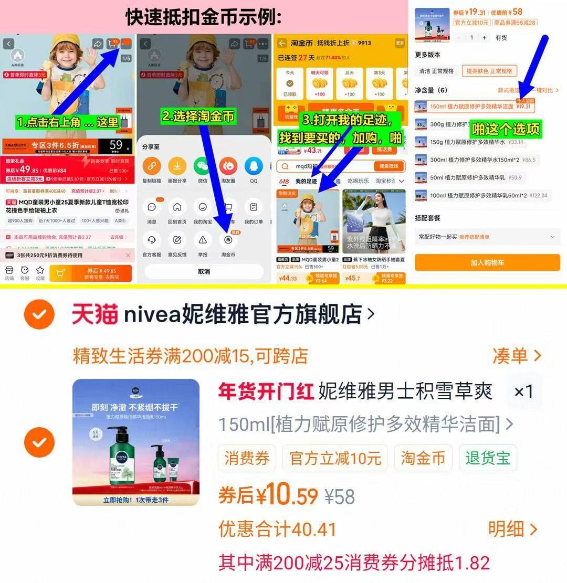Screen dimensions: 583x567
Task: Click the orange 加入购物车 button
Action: (487, 262)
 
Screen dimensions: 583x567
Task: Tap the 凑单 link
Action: (516, 356)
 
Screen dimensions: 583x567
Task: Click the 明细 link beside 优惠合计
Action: (512, 529)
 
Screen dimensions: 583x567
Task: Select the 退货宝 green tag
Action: (488, 458)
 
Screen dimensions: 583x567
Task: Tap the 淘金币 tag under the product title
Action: (423, 458)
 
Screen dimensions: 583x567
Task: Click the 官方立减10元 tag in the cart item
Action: (335, 458)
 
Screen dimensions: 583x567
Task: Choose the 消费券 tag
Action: (247, 458)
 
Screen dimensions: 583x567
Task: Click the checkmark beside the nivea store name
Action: (39, 314)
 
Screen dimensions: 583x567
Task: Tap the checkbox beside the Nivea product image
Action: (39, 442)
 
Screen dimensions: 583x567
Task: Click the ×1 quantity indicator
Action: (523, 391)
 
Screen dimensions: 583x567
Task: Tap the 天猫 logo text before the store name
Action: (94, 314)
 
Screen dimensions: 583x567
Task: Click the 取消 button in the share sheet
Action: (204, 271)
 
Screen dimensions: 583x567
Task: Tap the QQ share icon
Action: (254, 166)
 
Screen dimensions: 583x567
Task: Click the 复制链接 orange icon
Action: (152, 166)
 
